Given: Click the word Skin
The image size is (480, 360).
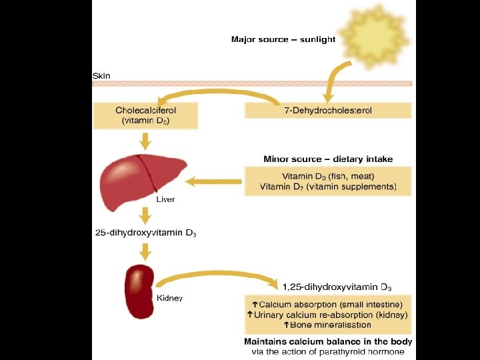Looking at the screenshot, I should tap(101, 75).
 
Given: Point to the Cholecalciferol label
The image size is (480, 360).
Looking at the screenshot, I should tap(146, 110).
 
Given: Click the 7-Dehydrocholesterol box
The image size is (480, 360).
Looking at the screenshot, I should tap(328, 110).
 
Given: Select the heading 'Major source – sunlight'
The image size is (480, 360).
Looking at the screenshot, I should tap(283, 39).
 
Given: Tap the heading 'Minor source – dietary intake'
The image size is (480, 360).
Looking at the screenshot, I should tap(328, 159).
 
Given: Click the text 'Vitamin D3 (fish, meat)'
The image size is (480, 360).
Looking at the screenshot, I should tap(328, 176).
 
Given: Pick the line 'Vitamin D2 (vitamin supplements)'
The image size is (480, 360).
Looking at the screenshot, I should tap(328, 187).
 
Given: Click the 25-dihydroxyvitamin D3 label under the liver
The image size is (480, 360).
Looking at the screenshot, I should tap(145, 233).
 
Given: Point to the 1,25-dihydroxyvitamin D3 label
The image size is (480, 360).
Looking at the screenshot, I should tap(336, 287).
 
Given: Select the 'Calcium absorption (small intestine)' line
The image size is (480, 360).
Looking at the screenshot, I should tap(327, 305).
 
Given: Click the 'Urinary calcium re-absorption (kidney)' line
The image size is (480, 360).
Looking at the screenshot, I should tap(327, 315).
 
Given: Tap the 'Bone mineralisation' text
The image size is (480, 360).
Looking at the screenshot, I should tap(327, 325).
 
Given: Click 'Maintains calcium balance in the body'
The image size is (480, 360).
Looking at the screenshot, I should tap(328, 341).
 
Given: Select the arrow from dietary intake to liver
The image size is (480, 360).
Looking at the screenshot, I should tap(213, 181).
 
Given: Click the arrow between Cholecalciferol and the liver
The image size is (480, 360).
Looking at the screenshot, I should tap(145, 141).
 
